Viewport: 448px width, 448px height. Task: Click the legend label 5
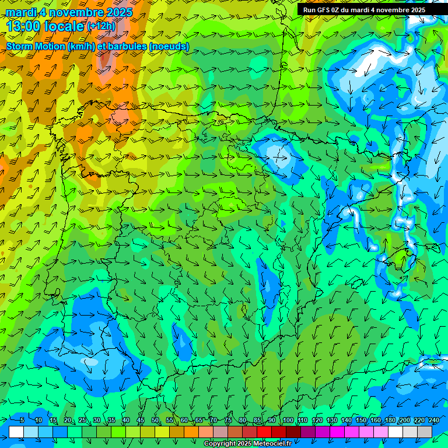22,420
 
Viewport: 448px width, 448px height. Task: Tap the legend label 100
288,420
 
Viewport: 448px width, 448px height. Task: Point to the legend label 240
434,420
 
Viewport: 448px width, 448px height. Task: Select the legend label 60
184,420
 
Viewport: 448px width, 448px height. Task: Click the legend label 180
389,420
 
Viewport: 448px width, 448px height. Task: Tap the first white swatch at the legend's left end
16,432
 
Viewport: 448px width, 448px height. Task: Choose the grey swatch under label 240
425,432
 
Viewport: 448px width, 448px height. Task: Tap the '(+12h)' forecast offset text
101,26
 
